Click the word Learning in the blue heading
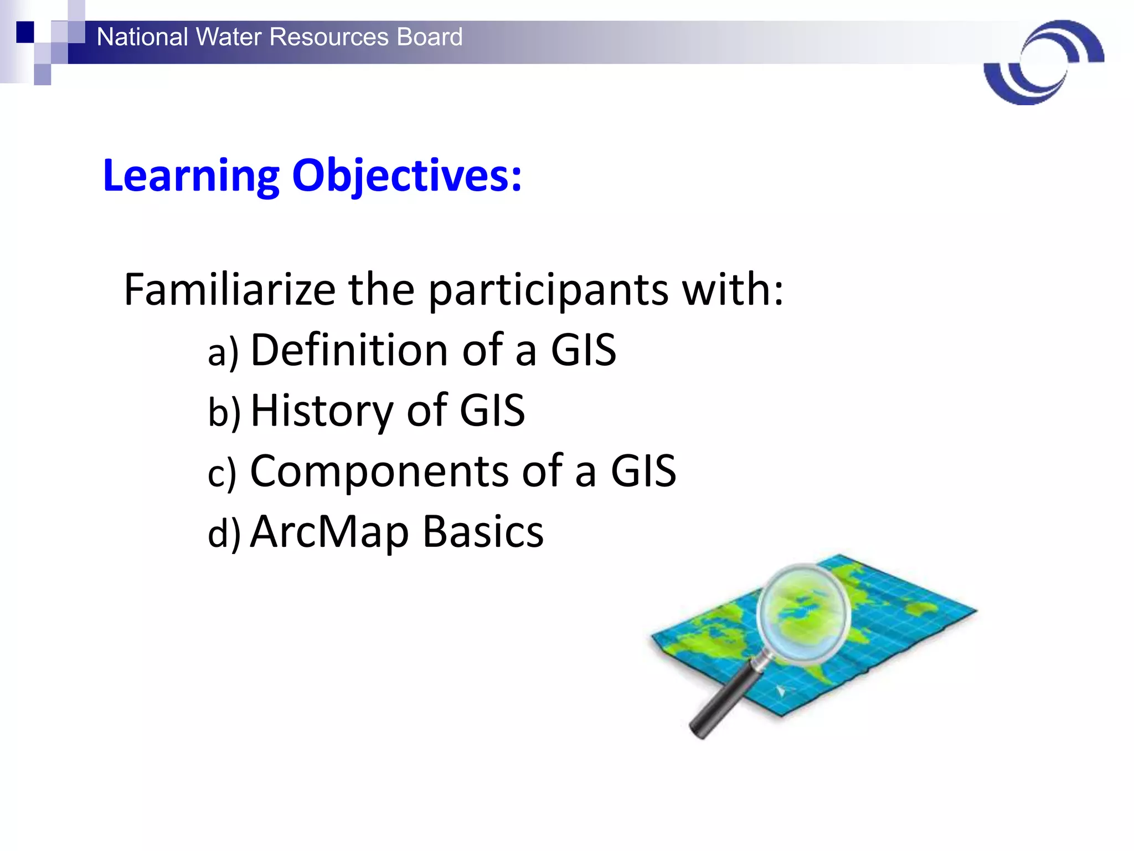191,176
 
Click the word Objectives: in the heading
406,176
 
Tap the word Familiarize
229,290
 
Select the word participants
548,291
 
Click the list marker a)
223,353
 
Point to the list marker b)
224,413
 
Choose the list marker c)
222,474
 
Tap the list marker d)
224,534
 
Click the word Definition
349,350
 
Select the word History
322,411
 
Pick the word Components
379,471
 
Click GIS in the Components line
643,471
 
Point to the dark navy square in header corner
25,32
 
